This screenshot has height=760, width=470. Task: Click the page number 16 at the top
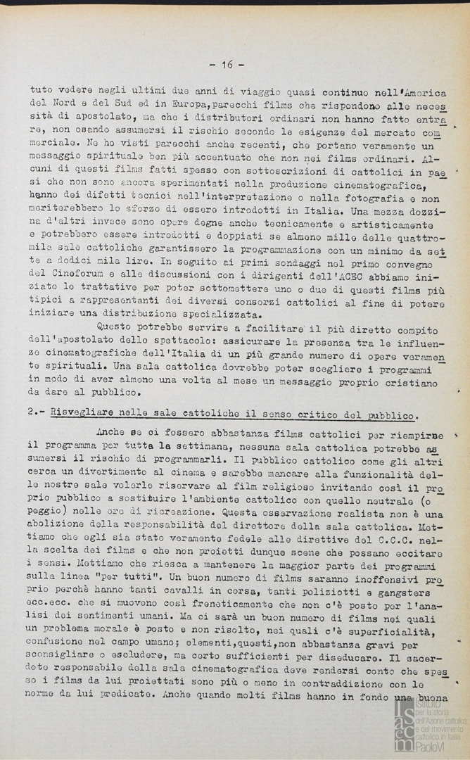tap(227, 65)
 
